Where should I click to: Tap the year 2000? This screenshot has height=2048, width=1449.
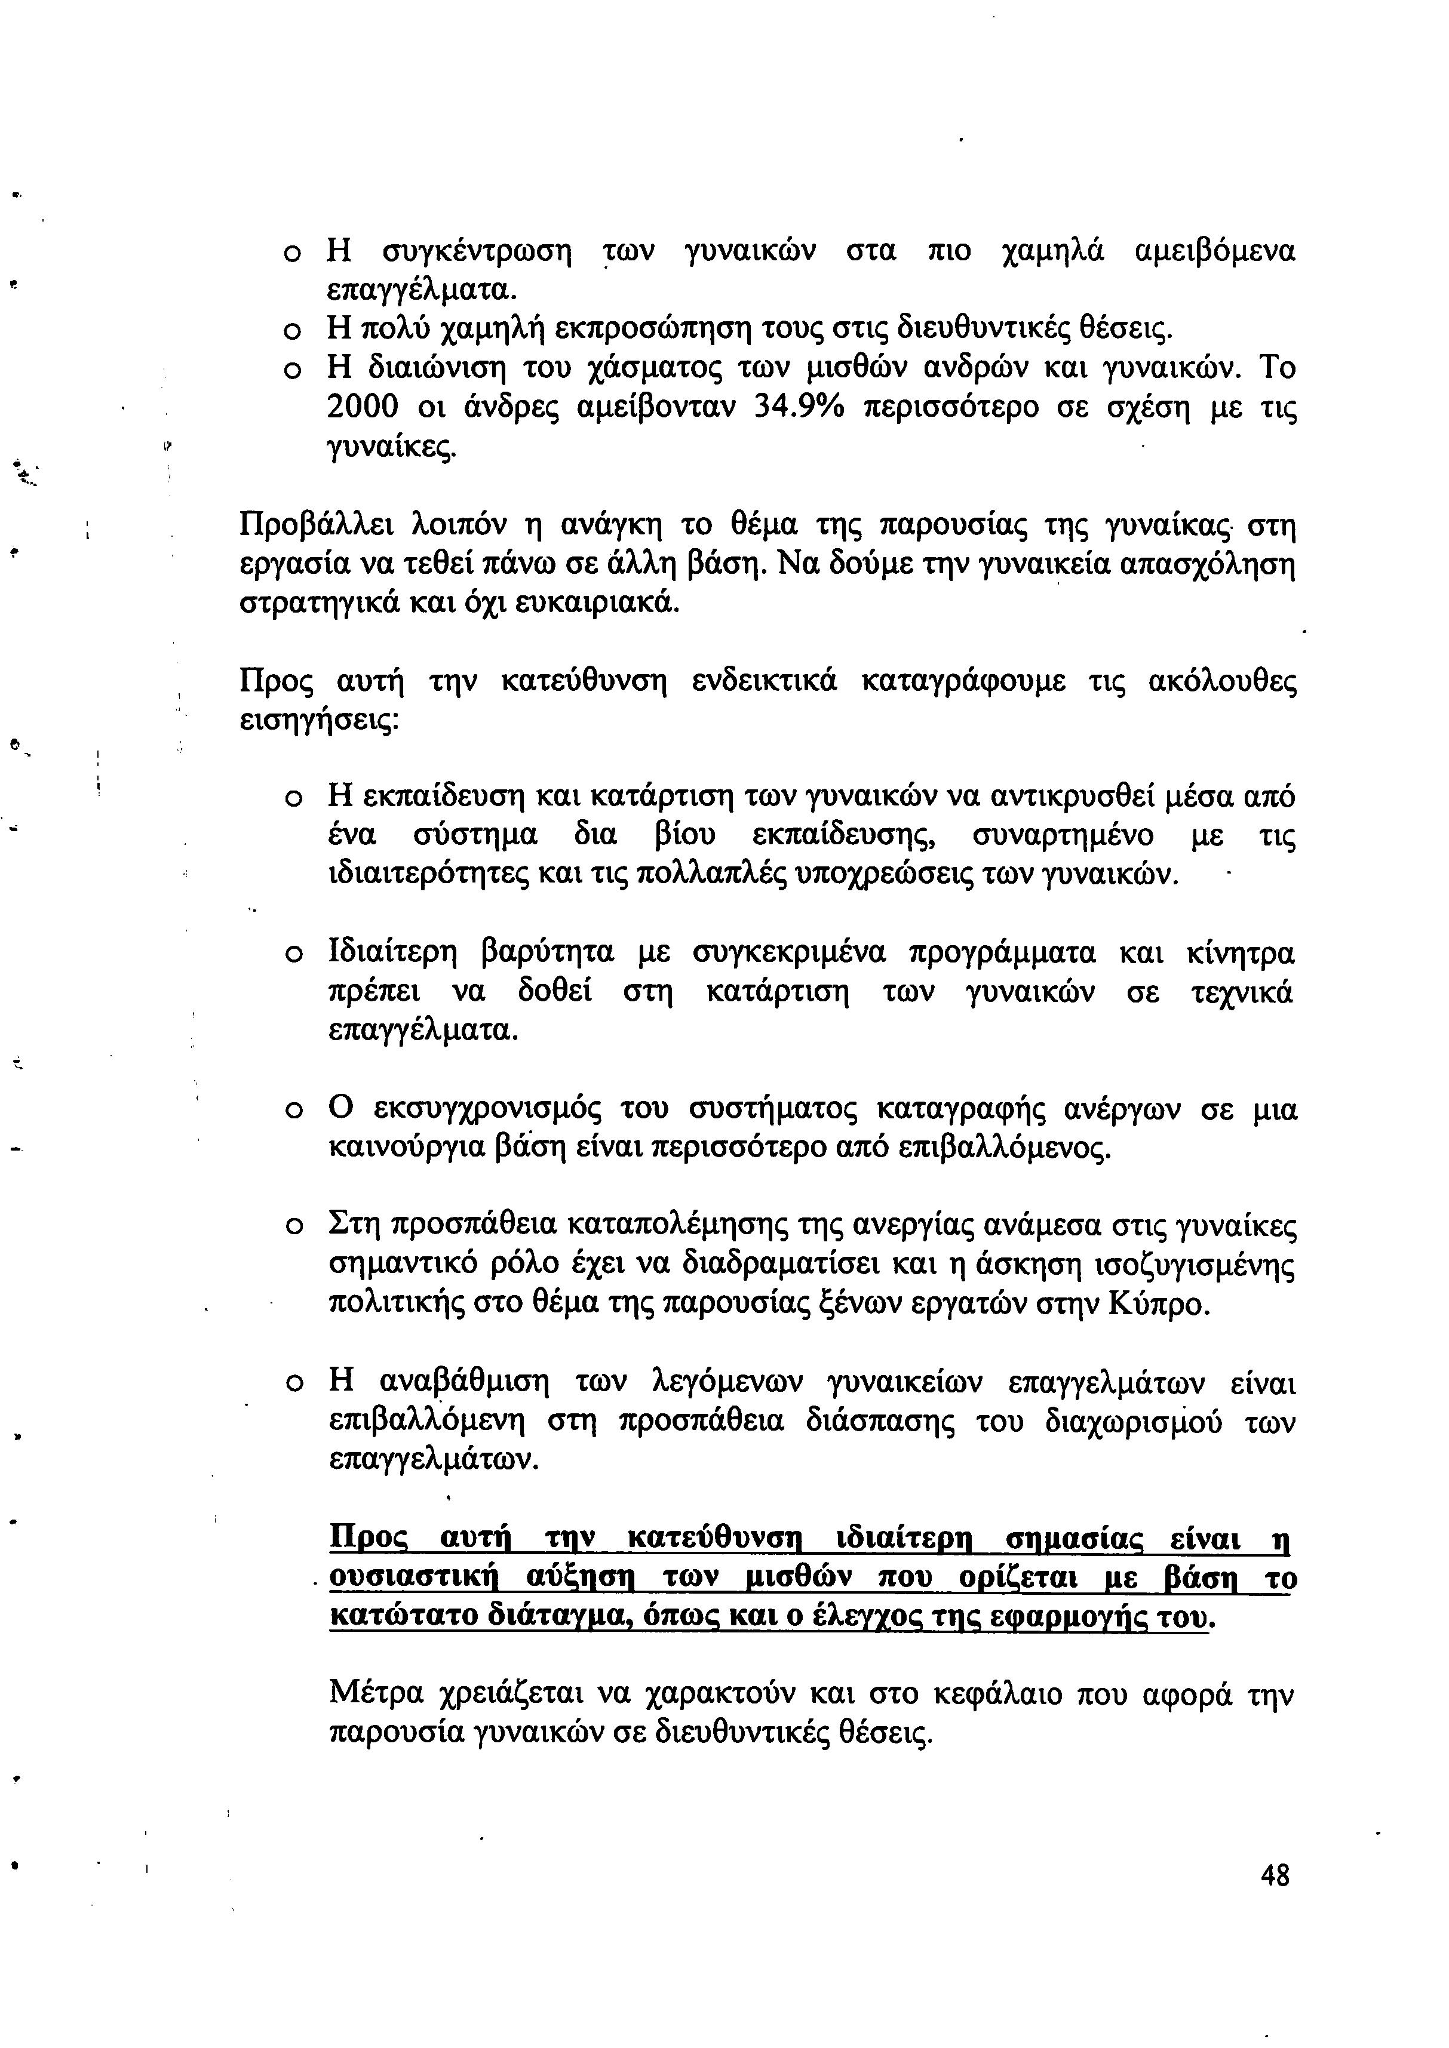[x=362, y=408]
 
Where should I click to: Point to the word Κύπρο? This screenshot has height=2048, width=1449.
[x=1160, y=1305]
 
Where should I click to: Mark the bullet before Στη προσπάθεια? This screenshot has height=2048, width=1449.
[x=291, y=1228]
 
